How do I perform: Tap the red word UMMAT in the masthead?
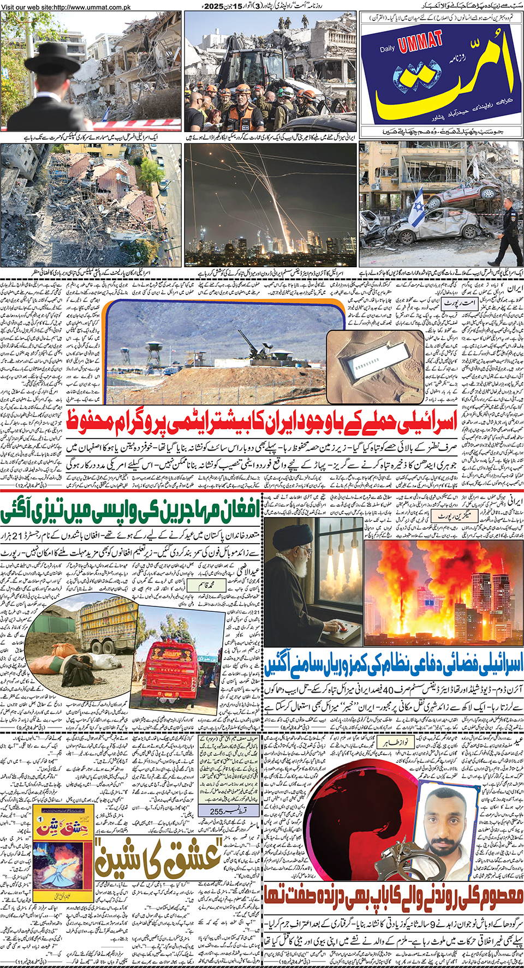click(x=420, y=42)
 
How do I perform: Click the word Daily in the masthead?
click(x=387, y=49)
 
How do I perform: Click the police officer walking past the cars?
click(x=507, y=229)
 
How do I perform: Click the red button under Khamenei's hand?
click(x=344, y=628)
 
